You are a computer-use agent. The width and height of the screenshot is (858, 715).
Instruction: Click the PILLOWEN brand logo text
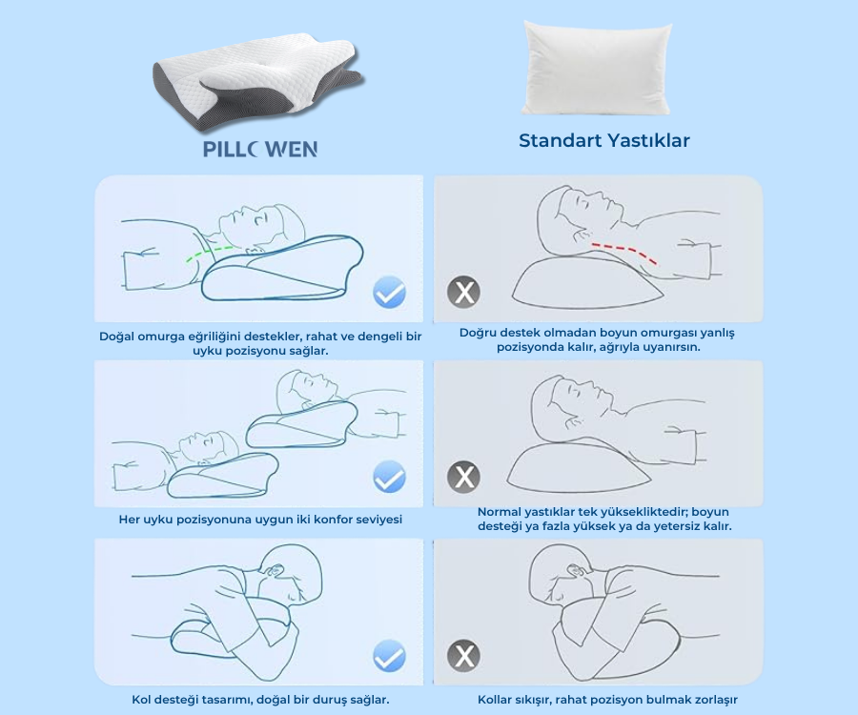pyautogui.click(x=259, y=150)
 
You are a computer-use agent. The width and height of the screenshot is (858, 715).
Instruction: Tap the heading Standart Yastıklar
pyautogui.click(x=604, y=141)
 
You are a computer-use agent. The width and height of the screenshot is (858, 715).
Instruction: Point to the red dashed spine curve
pyautogui.click(x=625, y=252)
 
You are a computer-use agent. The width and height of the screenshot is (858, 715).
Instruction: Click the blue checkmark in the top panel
pyautogui.click(x=389, y=292)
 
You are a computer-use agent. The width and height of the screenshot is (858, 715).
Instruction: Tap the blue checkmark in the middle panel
pyautogui.click(x=389, y=476)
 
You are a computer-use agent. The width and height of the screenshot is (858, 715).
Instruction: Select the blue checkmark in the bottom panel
pyautogui.click(x=389, y=656)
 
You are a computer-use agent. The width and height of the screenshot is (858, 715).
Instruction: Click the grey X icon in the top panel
pyautogui.click(x=464, y=292)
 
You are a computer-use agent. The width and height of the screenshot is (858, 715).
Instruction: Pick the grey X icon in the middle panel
pyautogui.click(x=464, y=476)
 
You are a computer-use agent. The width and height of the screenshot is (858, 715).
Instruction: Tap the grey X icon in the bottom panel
pyautogui.click(x=464, y=656)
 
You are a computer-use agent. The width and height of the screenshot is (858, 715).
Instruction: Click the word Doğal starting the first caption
pyautogui.click(x=118, y=336)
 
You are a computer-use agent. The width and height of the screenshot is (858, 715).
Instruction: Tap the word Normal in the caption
pyautogui.click(x=500, y=512)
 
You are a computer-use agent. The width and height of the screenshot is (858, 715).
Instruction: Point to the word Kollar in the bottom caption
pyautogui.click(x=499, y=700)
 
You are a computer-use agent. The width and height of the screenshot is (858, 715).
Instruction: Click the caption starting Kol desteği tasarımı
pyautogui.click(x=260, y=700)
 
